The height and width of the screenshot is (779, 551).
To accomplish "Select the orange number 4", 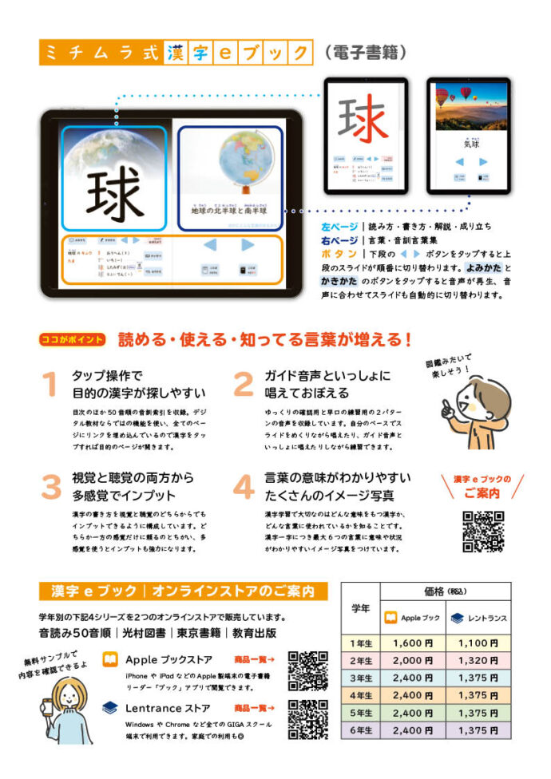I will click(243, 486).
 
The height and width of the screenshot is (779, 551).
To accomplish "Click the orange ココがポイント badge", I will click(72, 339).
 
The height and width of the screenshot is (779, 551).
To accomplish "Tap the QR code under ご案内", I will click(482, 531).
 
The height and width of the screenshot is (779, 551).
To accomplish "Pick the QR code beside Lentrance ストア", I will click(308, 719).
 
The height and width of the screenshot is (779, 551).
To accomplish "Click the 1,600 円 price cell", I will click(412, 643).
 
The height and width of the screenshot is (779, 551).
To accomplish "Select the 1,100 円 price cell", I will click(478, 643).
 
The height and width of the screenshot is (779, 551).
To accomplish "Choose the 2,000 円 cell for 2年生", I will click(412, 660).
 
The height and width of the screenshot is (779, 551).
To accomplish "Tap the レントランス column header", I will click(478, 617).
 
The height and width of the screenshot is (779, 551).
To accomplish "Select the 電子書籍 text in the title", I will click(367, 53).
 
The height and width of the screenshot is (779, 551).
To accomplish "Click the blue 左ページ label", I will click(339, 227).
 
